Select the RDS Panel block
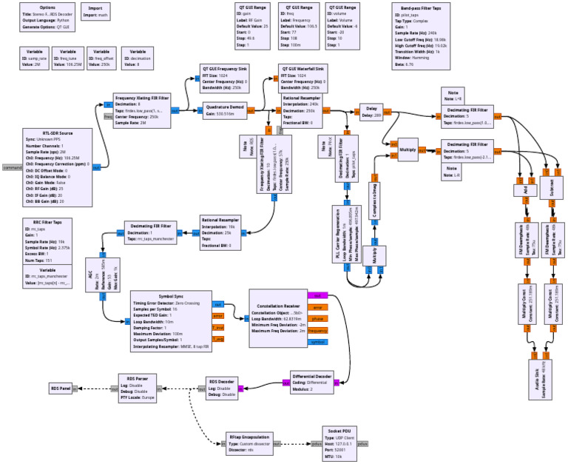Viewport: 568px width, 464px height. (61, 388)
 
